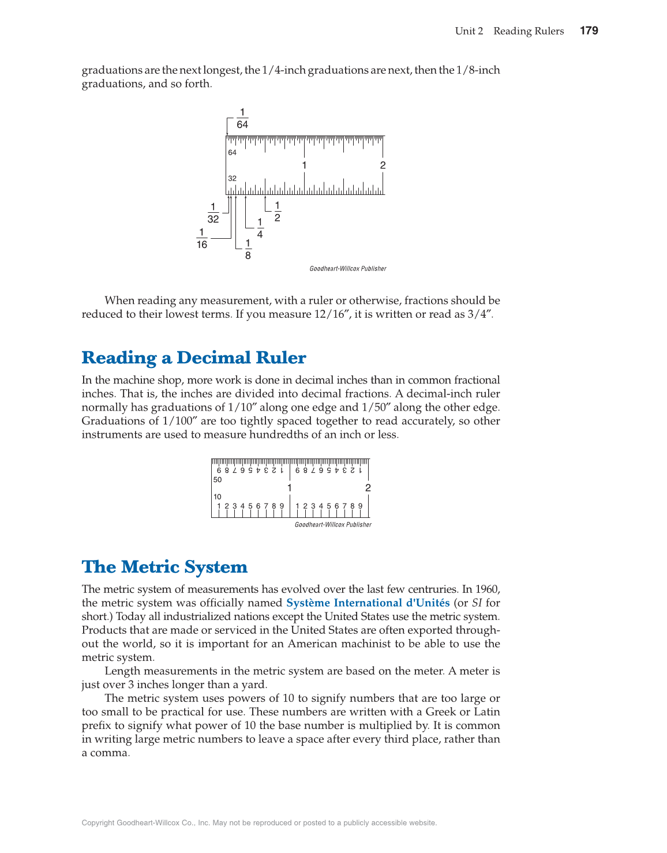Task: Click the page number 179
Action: pos(589,31)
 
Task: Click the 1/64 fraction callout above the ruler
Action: pos(242,119)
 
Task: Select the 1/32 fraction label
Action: pos(213,213)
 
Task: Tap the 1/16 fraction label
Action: pos(201,239)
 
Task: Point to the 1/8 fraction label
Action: pos(248,250)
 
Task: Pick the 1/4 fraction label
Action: pos(260,228)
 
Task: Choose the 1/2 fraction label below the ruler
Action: pos(277,212)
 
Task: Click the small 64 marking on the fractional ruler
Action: pos(232,153)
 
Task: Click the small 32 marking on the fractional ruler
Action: pos(232,179)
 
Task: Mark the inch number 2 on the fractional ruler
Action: pos(383,166)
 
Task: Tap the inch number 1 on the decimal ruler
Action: pos(289,488)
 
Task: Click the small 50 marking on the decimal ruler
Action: pos(218,480)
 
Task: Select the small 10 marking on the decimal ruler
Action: pos(218,497)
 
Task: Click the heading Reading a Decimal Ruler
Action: pos(194,358)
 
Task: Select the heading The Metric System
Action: pos(164,567)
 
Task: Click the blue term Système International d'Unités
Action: pos(368,603)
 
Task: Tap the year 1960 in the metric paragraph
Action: pos(488,589)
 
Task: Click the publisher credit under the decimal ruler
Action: pos(333,525)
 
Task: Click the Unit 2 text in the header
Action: pos(469,31)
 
